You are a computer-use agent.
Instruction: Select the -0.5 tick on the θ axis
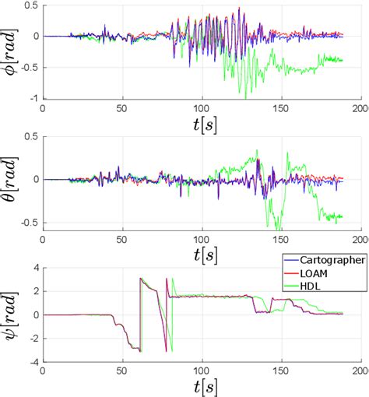click(30, 223)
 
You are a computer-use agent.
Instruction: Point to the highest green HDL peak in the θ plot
click(258, 150)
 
